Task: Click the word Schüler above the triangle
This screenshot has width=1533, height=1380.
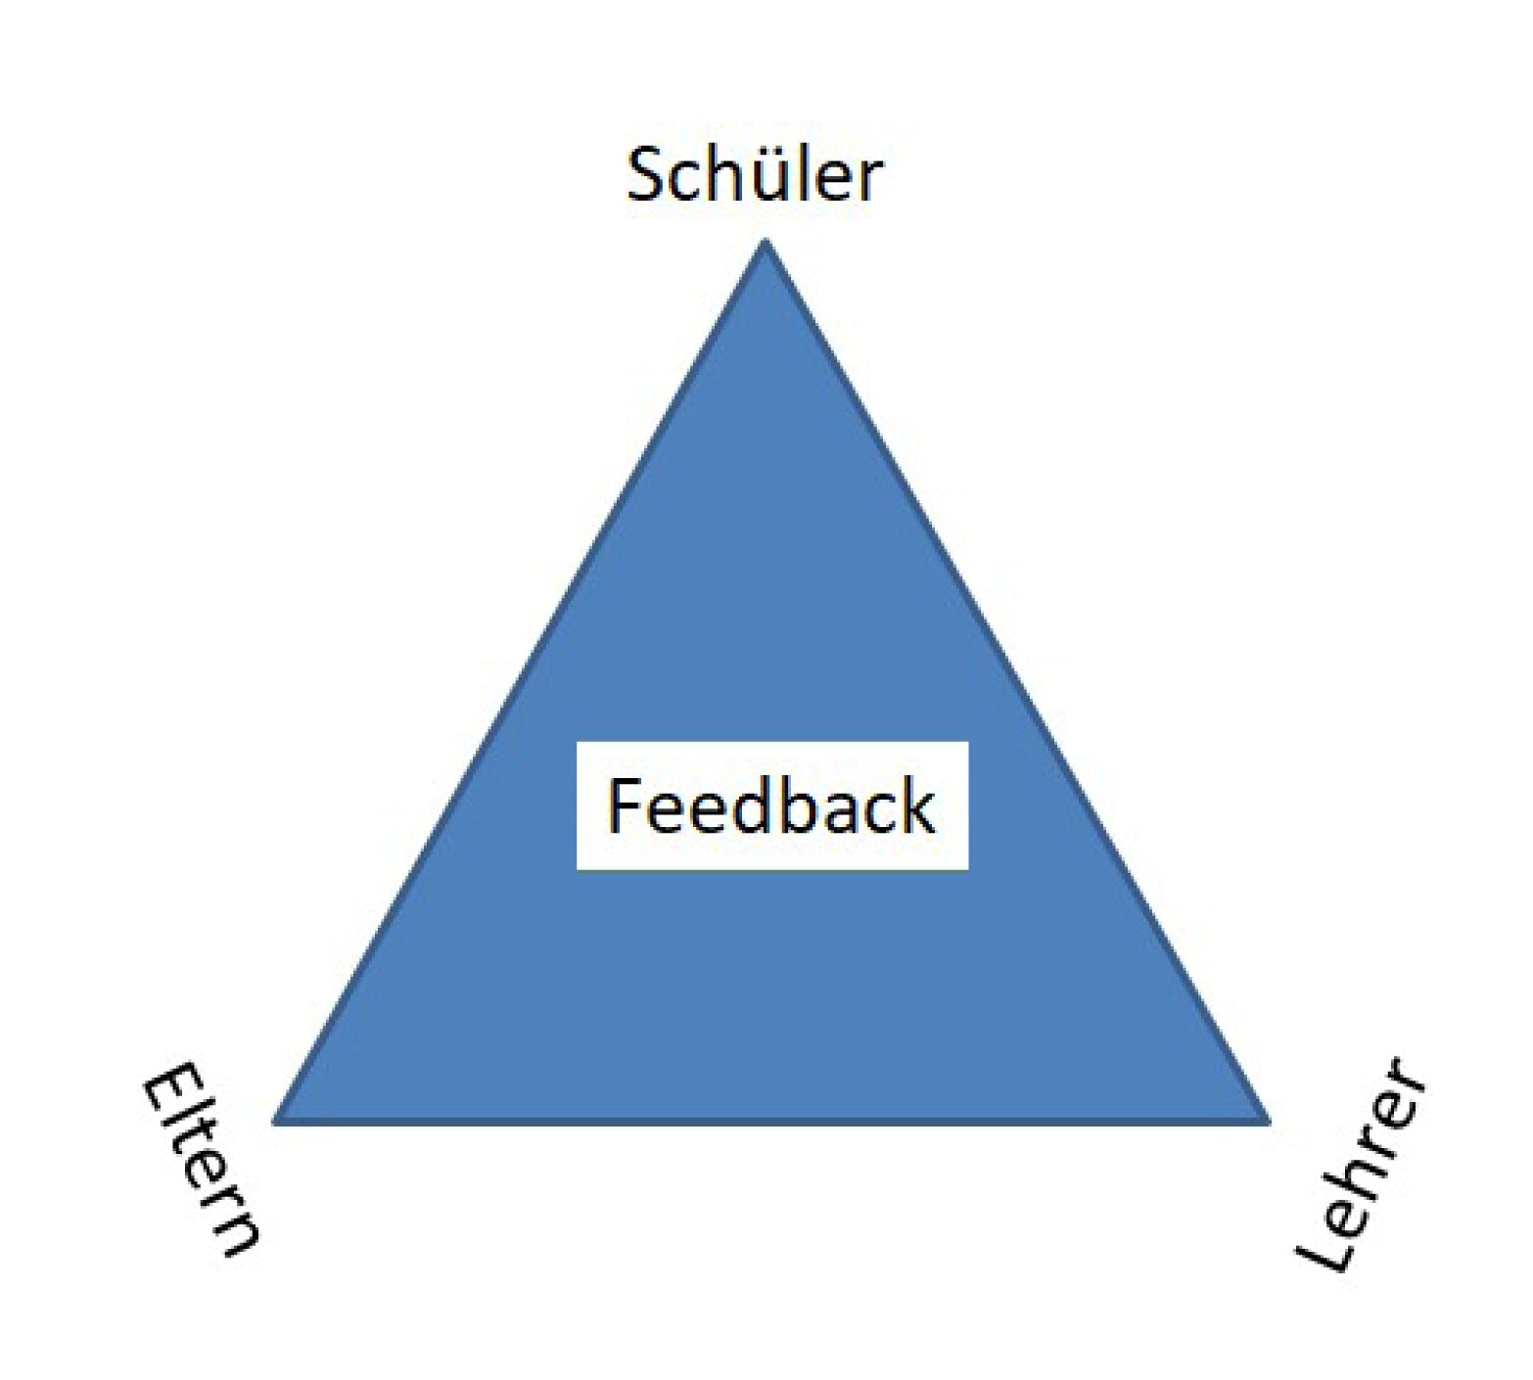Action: tap(754, 176)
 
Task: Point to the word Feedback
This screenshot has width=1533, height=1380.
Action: tap(771, 805)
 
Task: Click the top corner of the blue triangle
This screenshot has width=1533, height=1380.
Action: tap(765, 245)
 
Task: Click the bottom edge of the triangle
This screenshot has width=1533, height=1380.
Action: tap(771, 1122)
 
